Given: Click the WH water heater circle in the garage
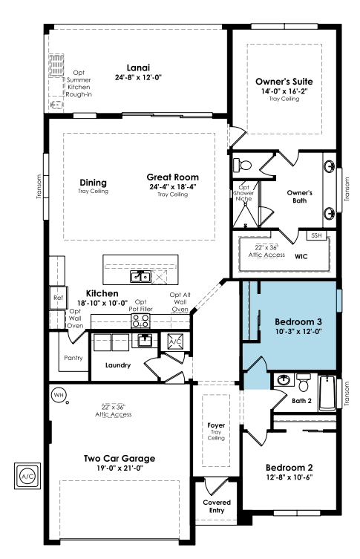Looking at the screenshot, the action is click(x=59, y=395).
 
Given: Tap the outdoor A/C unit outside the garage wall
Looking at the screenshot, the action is click(x=27, y=476).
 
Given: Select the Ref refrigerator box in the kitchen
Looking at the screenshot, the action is click(x=58, y=298).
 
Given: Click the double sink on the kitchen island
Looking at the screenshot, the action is click(x=140, y=277).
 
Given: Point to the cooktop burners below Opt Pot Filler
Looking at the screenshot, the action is click(x=141, y=321).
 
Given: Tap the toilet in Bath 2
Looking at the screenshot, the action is click(x=304, y=382).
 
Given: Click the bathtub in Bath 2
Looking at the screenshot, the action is click(x=327, y=393).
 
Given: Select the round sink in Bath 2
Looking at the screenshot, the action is click(x=284, y=380).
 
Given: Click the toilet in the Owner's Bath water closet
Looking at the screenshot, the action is click(x=243, y=166).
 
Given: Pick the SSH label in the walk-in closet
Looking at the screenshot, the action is click(x=316, y=235).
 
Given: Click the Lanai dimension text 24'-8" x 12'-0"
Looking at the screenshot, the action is click(x=138, y=77).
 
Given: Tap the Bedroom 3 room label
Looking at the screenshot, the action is click(x=298, y=322).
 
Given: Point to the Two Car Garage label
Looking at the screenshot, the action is click(x=120, y=459).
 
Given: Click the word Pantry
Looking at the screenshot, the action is click(x=73, y=358).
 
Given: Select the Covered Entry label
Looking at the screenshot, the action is click(x=217, y=506).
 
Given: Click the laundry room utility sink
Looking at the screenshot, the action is click(x=144, y=341).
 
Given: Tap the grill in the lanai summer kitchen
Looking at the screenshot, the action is click(x=56, y=65).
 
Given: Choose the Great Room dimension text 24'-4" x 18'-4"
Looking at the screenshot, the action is click(x=173, y=187).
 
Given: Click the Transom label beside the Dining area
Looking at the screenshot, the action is click(x=39, y=186).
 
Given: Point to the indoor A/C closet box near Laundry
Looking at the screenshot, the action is click(x=175, y=341).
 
